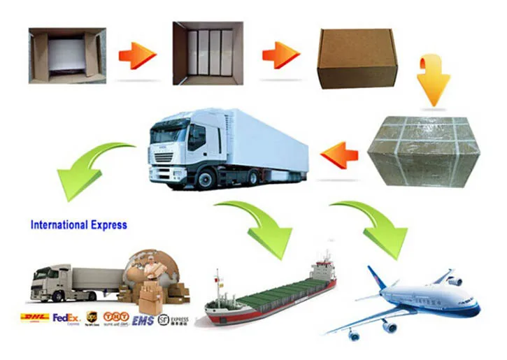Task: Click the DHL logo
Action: point(35,318)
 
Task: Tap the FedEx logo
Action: point(66,319)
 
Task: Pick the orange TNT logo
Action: point(116,317)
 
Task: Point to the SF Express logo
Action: point(173,319)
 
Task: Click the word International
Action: point(59,225)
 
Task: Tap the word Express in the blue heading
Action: point(109,225)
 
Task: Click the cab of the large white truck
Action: point(176,147)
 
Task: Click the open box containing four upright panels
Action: point(208,53)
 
